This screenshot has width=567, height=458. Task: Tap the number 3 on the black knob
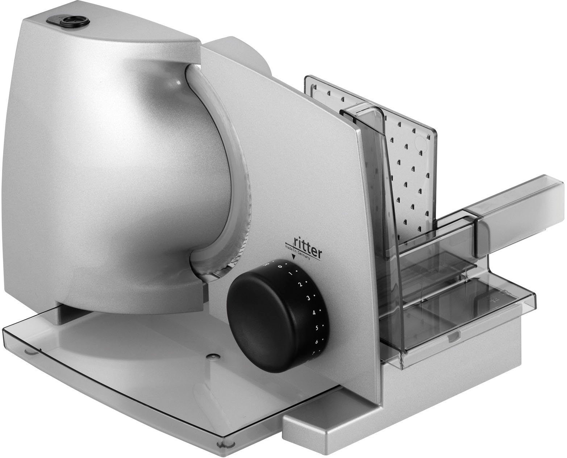click(x=308, y=298)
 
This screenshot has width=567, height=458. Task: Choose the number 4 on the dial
click(x=314, y=312)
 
